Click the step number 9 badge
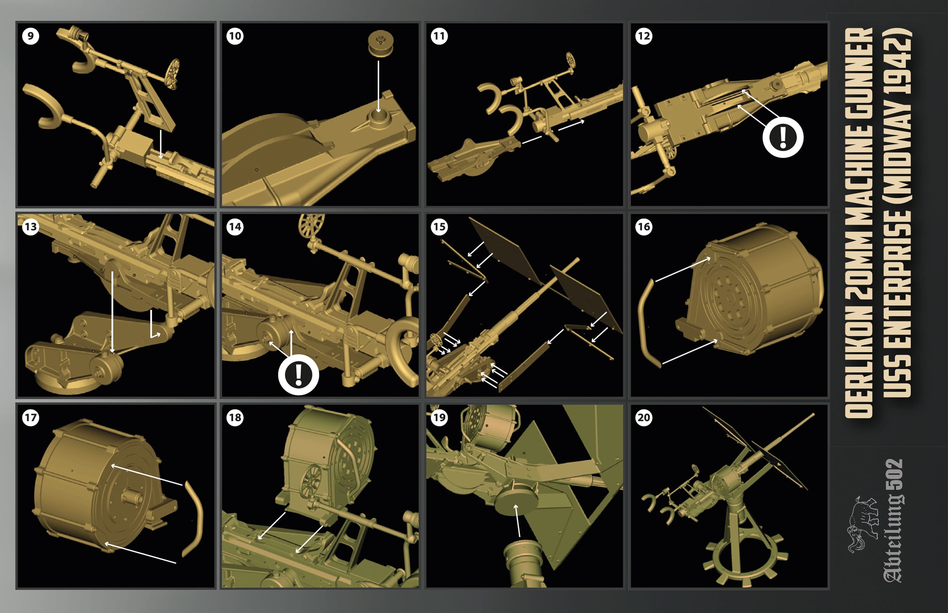[x=31, y=36]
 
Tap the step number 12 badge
[x=644, y=36]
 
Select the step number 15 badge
[x=439, y=227]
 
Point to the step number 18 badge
[x=235, y=417]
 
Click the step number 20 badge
[x=644, y=417]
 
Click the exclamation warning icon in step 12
[x=783, y=137]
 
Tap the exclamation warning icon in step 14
[x=299, y=374]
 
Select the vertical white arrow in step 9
[x=161, y=144]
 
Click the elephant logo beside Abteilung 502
[x=862, y=525]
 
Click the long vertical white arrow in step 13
[x=113, y=312]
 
